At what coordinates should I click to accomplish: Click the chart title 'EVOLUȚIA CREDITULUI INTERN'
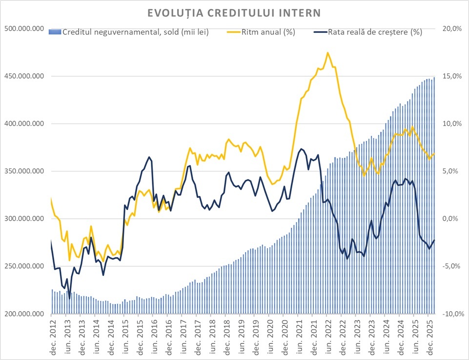235,12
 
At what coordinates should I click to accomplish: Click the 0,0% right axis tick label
453,219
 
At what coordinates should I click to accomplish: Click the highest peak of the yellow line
327,53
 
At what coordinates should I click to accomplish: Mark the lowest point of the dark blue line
69,298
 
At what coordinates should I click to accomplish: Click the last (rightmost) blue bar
434,195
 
